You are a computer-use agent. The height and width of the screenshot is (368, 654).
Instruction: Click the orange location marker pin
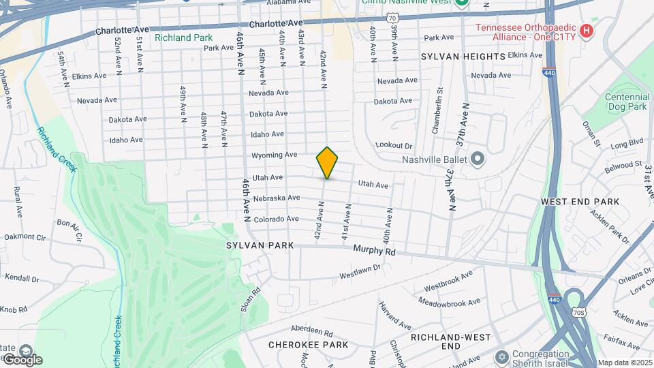point(328,162)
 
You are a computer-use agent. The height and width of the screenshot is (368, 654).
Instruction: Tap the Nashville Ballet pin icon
point(477,159)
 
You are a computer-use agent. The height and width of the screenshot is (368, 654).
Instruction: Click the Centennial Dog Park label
point(626,102)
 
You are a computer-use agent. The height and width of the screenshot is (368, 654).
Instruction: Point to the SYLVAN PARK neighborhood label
point(260,245)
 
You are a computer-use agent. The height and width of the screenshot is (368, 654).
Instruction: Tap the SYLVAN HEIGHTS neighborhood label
point(463,57)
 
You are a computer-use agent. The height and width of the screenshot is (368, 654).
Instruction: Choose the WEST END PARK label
point(580,202)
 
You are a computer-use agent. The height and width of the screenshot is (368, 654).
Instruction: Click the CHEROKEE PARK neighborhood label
point(308,345)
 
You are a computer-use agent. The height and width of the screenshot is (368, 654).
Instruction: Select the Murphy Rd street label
point(374,251)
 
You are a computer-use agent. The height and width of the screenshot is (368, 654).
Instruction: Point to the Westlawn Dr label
point(360,272)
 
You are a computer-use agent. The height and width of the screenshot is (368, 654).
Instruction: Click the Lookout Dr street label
point(394,146)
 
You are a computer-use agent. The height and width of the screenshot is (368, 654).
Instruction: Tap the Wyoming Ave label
point(275,155)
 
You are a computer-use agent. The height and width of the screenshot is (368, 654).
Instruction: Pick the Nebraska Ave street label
point(277,198)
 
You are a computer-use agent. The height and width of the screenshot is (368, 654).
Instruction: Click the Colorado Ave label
point(276,219)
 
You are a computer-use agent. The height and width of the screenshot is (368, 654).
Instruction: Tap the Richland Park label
point(183,37)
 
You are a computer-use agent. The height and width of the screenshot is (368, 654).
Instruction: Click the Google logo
point(22,360)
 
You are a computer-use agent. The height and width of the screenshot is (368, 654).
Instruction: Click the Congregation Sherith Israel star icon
point(502,357)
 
